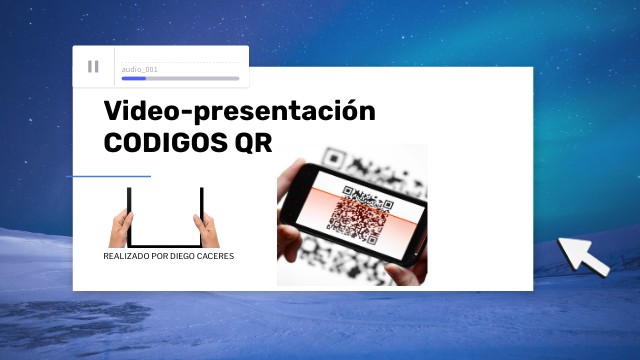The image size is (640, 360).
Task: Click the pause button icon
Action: pos(93,66)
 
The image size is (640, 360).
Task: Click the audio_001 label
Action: pos(140,69)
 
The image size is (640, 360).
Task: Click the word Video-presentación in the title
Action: pos(240,111)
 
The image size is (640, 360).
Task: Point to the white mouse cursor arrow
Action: pos(583,256)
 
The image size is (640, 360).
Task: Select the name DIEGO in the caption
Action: pos(185,256)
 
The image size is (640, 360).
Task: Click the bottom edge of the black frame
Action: pos(166,244)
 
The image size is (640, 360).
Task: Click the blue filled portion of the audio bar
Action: pos(133,78)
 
